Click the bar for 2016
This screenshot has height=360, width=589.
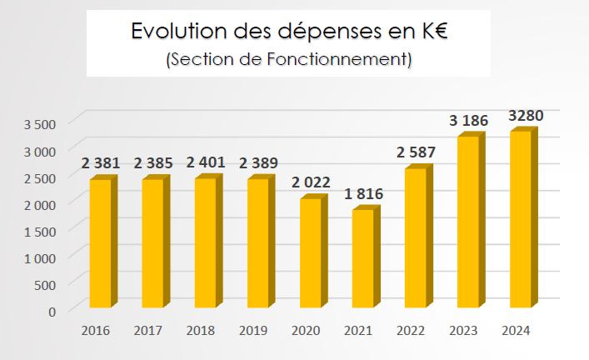pyautogui.click(x=100, y=244)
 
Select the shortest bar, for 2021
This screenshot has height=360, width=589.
pyautogui.click(x=363, y=259)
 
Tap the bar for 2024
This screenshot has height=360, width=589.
pyautogui.click(x=521, y=220)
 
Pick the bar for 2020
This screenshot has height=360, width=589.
pyautogui.click(x=310, y=253)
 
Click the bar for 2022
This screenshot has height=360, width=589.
pyautogui.click(x=415, y=238)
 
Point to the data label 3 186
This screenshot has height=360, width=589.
pyautogui.click(x=468, y=121)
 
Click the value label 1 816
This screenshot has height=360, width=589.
pyautogui.click(x=363, y=195)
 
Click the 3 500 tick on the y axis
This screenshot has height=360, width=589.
pyautogui.click(x=39, y=124)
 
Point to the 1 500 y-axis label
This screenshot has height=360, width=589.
pyautogui.click(x=39, y=231)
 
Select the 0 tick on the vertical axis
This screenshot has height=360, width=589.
pyautogui.click(x=51, y=311)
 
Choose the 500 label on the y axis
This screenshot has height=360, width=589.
pyautogui.click(x=45, y=284)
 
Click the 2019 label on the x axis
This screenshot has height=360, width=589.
pyautogui.click(x=253, y=331)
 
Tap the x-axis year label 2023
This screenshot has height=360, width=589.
pyautogui.click(x=463, y=331)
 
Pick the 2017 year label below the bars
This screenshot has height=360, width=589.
pyautogui.click(x=148, y=331)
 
